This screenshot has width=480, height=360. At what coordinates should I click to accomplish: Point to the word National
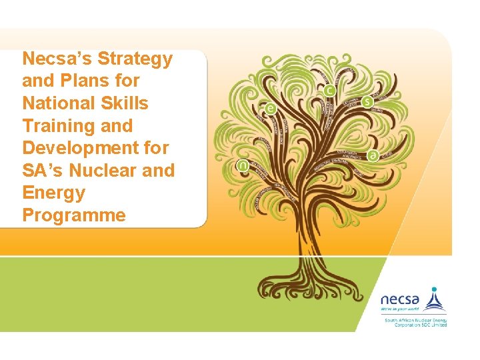click(x=57, y=103)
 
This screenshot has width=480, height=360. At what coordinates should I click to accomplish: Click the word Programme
click(x=73, y=215)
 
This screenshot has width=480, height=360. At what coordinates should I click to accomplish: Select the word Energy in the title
click(x=53, y=193)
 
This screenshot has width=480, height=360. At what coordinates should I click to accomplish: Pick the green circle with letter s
click(x=368, y=102)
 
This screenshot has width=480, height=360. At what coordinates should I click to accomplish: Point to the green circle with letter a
click(x=373, y=155)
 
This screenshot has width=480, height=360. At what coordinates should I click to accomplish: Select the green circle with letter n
click(x=243, y=165)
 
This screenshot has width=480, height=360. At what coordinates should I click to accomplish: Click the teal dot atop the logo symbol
click(x=435, y=290)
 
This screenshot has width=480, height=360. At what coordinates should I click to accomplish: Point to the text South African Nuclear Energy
click(x=413, y=321)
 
